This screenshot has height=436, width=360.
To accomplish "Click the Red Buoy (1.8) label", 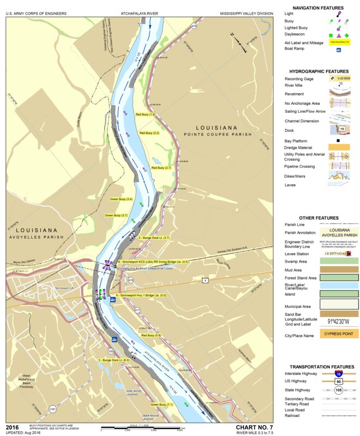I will (x=146, y=114).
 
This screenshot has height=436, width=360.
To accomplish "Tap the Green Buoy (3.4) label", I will (x=121, y=199).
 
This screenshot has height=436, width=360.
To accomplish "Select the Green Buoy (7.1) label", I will (x=161, y=404).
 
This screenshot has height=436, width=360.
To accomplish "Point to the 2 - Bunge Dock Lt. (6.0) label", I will (x=113, y=360).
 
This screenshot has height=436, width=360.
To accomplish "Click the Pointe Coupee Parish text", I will (x=218, y=134).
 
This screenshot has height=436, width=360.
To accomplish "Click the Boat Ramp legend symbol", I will (x=338, y=50).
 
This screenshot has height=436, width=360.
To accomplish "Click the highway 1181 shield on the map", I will (x=52, y=408).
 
